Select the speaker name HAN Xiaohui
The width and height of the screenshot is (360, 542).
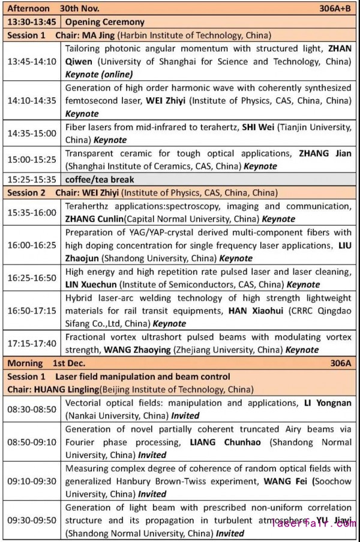[253, 311]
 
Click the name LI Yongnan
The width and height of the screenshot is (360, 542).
[327, 403]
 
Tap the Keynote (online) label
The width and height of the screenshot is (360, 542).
[99, 74]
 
